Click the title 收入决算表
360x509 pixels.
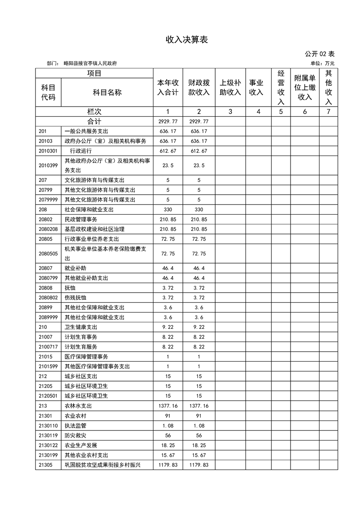(x=180, y=40)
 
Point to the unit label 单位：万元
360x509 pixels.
(x=322, y=64)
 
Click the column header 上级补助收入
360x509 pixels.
(x=230, y=88)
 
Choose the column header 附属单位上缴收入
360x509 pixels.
(x=305, y=88)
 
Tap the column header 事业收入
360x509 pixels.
(x=256, y=88)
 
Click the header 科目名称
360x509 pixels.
(x=107, y=93)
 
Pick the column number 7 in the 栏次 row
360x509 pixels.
(x=329, y=112)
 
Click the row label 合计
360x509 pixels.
(x=94, y=122)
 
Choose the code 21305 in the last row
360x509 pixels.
(x=45, y=465)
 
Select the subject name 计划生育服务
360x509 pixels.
(x=81, y=347)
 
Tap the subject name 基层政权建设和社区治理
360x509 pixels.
(x=94, y=229)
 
